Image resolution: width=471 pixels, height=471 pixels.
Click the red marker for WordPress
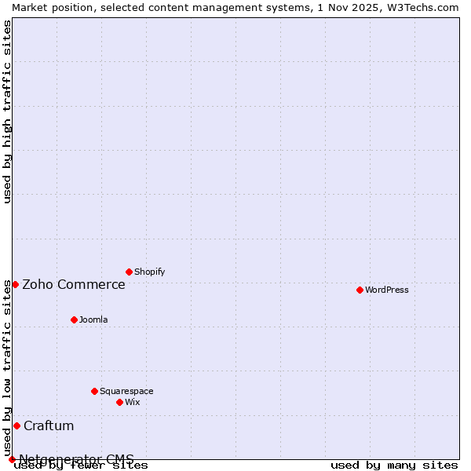click(360, 290)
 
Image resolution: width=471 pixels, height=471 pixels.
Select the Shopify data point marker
click(129, 272)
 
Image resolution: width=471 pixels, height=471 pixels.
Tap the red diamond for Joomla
click(74, 319)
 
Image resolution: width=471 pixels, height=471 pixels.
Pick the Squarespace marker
click(94, 391)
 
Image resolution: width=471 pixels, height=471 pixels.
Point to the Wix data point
click(119, 402)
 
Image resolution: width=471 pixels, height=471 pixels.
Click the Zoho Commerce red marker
click(15, 284)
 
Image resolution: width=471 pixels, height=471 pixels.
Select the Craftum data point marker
click(16, 425)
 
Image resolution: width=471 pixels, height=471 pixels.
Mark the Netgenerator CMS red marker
click(12, 459)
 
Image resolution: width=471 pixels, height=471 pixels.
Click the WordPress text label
click(387, 290)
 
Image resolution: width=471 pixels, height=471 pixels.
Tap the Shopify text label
click(149, 272)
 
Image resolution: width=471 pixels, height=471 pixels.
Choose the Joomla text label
click(93, 319)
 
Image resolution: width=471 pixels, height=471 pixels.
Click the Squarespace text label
click(126, 391)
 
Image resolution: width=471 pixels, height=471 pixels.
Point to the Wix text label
click(132, 402)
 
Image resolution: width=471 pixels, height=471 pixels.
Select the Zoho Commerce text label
click(74, 284)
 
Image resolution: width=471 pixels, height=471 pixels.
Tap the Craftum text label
click(49, 425)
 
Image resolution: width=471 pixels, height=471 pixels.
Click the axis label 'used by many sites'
click(394, 465)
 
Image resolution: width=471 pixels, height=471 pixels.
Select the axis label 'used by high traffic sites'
click(7, 111)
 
